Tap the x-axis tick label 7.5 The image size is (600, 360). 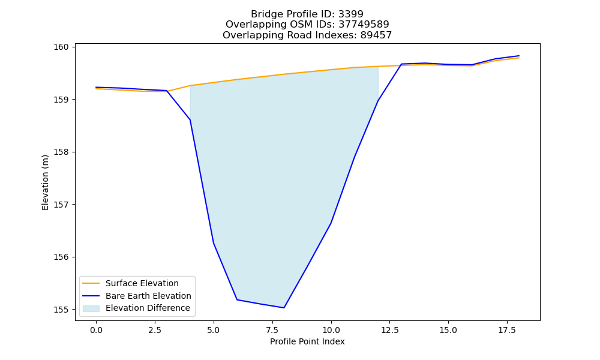pos(272,330)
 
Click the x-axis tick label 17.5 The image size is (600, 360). pos(507,330)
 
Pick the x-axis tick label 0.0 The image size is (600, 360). pos(96,330)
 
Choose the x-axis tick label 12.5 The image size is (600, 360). pos(389,330)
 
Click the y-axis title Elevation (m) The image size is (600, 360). pos(45,182)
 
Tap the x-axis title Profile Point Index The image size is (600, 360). pos(307,341)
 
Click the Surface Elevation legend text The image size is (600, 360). pos(142,283)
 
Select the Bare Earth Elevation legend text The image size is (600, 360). pos(148,296)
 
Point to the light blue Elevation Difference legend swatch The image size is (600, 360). pos(91,308)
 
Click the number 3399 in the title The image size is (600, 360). pos(350,14)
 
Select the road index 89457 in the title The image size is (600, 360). pos(376,35)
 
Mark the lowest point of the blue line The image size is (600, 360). pos(284,308)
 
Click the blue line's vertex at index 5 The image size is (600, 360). pos(214,244)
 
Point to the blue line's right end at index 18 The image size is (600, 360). pos(519,56)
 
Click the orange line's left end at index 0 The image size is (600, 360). pos(96,89)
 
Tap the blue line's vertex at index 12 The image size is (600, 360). pos(377,101)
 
